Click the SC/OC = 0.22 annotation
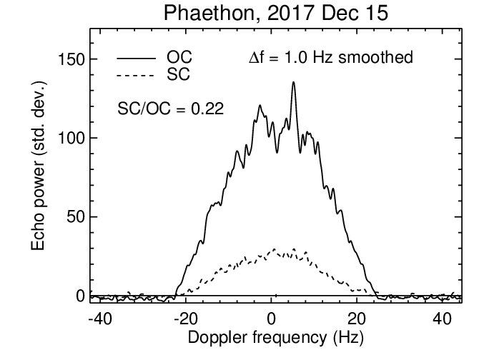[x=171, y=109]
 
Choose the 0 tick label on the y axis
[x=80, y=295]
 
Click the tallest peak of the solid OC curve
[x=293, y=83]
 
